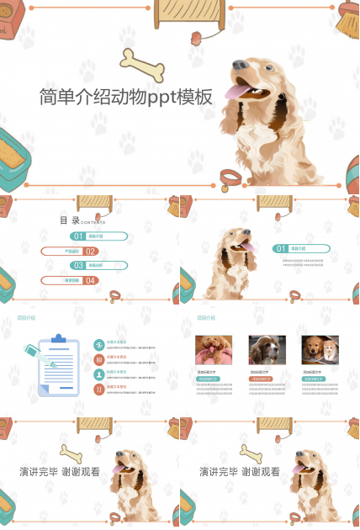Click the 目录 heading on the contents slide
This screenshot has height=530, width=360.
tap(70, 220)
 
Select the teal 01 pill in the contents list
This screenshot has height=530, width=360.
tap(98, 236)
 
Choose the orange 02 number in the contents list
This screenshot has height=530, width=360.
tap(91, 251)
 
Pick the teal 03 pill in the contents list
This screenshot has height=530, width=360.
tap(98, 265)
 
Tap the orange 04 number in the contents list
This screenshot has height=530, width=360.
tap(91, 280)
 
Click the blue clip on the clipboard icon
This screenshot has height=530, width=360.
tap(59, 339)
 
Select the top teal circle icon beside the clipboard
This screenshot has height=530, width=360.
tap(99, 343)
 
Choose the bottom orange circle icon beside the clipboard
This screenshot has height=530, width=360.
tap(99, 389)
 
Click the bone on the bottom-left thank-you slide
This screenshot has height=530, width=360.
tap(72, 453)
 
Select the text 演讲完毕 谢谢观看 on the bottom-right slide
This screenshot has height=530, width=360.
tap(240, 472)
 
